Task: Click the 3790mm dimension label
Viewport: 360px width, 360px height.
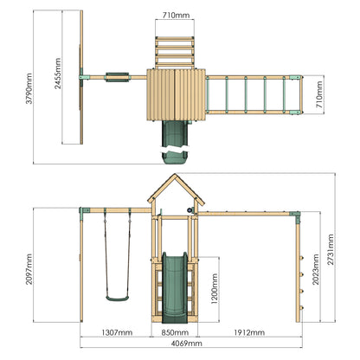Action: point(29,88)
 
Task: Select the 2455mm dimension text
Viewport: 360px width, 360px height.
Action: point(58,74)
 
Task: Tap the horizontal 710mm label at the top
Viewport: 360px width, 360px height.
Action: point(176,15)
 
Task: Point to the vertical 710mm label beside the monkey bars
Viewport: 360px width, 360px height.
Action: point(319,94)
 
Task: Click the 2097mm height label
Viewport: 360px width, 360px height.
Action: point(29,269)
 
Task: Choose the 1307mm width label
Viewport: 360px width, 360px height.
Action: point(117,332)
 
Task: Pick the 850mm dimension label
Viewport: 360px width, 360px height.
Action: point(175,332)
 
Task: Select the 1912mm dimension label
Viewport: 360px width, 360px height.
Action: point(249,332)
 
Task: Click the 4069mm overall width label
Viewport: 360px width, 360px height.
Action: point(187,344)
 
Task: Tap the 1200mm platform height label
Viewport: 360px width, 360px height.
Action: point(215,289)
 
